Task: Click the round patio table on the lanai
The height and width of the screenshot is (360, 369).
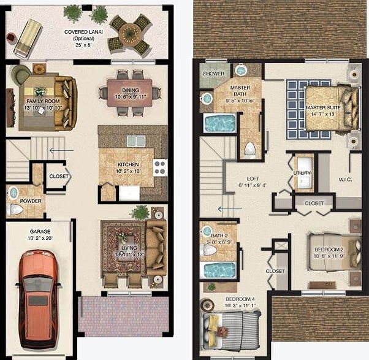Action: point(130,34)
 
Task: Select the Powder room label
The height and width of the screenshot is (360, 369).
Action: point(31,201)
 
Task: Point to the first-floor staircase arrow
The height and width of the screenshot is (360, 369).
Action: point(62,150)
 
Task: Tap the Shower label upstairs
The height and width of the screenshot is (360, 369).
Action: point(213,74)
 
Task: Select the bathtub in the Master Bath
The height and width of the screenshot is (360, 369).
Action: point(219,122)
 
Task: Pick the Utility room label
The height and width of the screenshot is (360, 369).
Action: point(302,174)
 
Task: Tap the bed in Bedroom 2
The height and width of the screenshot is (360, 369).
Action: point(332,251)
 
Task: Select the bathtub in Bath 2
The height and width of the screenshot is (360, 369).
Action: point(219,270)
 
